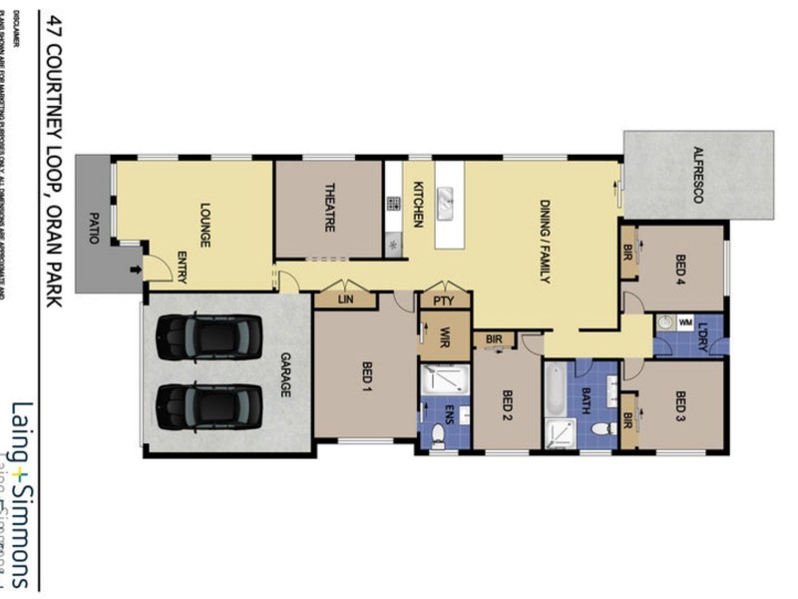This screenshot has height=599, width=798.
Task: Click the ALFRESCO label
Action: point(698,176)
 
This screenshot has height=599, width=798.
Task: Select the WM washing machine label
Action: point(685,322)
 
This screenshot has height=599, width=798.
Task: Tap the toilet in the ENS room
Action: point(437,433)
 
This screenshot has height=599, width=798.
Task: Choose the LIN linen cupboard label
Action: point(345,298)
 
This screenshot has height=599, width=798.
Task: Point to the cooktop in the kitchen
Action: point(394,204)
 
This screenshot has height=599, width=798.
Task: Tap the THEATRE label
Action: point(329,209)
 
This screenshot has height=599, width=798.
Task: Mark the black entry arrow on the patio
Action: point(135,269)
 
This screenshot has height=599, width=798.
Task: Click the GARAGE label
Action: point(283,375)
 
